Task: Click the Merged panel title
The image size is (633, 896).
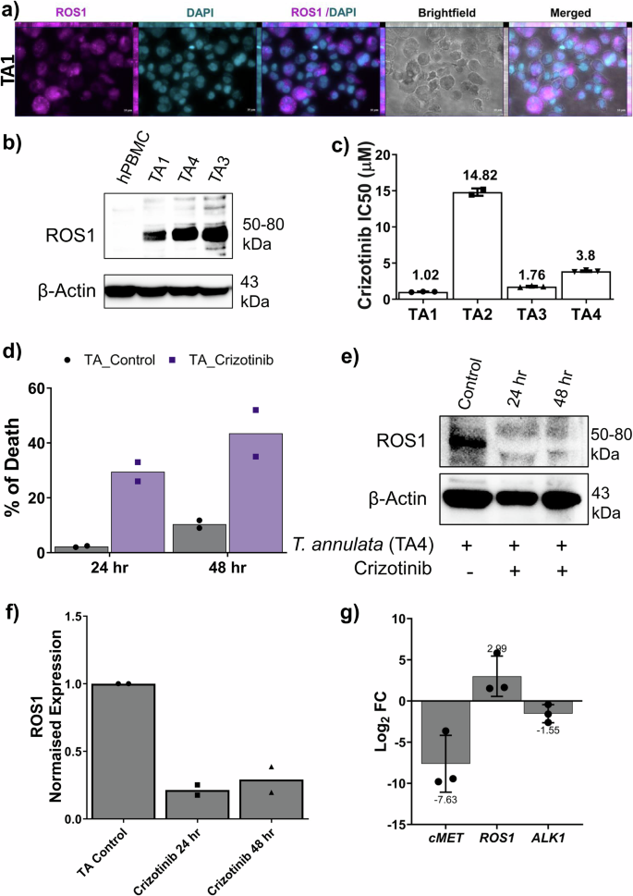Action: (x=567, y=14)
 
